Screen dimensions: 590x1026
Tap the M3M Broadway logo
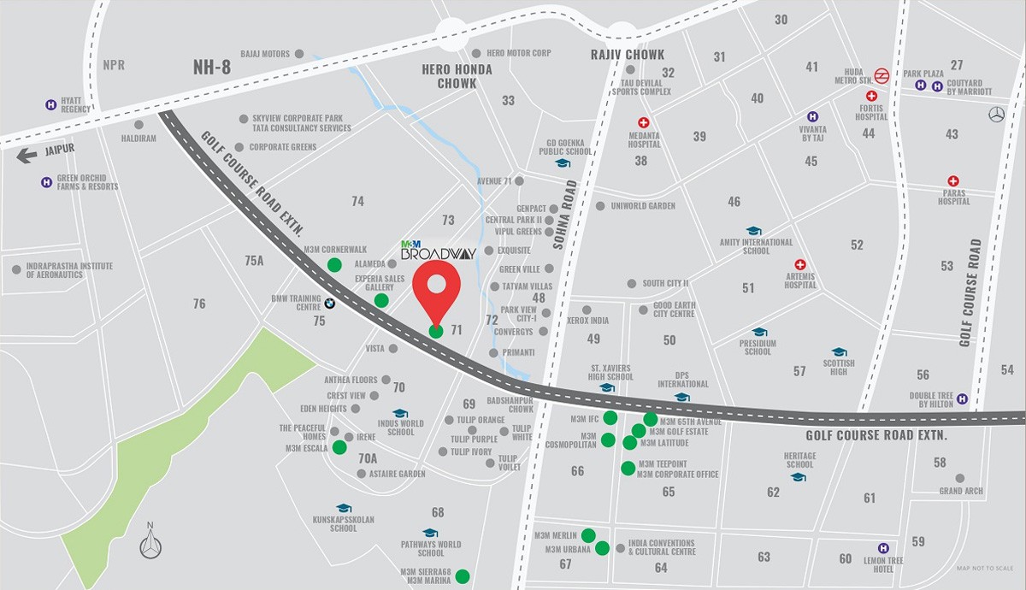[438, 250]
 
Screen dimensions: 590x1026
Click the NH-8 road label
[210, 65]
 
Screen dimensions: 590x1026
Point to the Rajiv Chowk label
[627, 55]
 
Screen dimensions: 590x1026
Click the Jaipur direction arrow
[27, 155]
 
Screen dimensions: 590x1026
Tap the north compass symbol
[151, 542]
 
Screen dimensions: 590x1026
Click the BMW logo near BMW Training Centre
[328, 304]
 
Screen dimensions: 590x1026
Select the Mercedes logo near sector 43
[995, 115]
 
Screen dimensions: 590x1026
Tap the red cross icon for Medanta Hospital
[644, 122]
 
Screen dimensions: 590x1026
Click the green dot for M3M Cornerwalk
[335, 264]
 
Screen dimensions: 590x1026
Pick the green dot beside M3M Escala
[339, 447]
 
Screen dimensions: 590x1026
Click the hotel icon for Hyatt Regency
[51, 104]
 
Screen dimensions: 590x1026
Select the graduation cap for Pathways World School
[430, 532]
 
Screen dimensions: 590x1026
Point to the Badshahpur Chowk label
[510, 404]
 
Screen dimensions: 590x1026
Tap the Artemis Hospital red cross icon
[800, 264]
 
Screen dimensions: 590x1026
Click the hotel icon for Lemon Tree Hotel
[883, 548]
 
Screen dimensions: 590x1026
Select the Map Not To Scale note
[984, 569]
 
